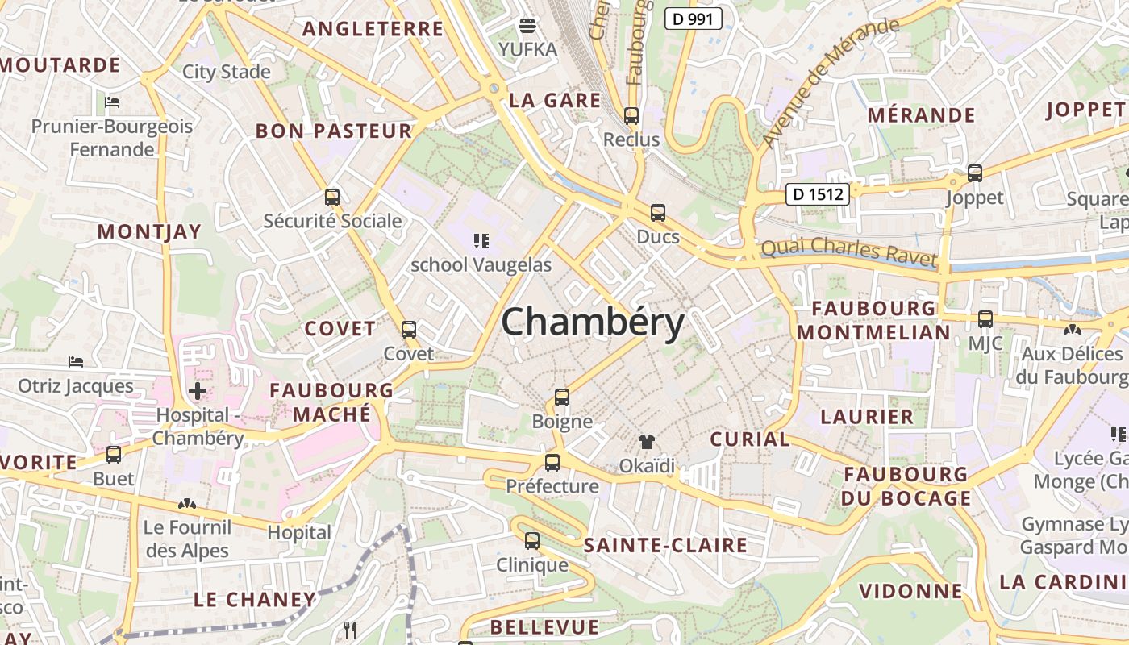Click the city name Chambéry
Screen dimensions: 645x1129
(x=593, y=322)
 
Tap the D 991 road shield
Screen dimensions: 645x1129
(x=693, y=19)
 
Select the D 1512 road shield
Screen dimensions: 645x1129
(x=818, y=193)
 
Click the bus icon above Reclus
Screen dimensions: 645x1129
(x=631, y=116)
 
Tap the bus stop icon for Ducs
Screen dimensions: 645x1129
(x=658, y=213)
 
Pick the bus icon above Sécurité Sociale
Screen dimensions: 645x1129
(x=331, y=197)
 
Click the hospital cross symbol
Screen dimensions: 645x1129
(x=197, y=392)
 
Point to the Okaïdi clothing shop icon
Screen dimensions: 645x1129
(x=647, y=441)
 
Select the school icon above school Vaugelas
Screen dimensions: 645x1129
(x=481, y=240)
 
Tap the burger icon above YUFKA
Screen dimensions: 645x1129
(x=527, y=26)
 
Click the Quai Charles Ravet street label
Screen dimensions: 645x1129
(x=849, y=252)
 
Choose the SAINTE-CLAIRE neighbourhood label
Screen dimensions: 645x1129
(x=665, y=545)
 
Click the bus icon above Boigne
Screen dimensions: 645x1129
(x=562, y=397)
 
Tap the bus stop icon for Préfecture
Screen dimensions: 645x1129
(x=552, y=462)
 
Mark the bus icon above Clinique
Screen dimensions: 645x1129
(x=531, y=540)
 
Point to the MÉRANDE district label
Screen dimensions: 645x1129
(x=921, y=114)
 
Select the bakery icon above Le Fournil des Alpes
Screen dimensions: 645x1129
(x=187, y=504)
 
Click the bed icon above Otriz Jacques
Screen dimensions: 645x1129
(x=76, y=362)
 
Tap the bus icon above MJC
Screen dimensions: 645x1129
(x=985, y=318)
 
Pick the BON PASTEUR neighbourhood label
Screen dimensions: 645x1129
(x=334, y=131)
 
